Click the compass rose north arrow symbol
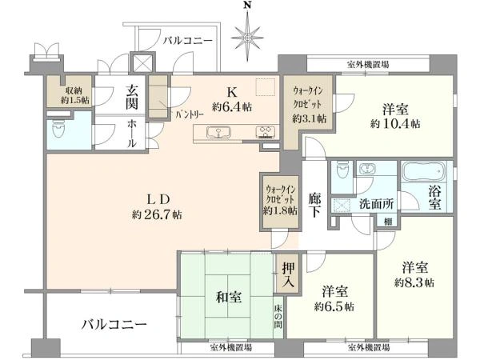coord(247,35)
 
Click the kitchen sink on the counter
coord(218,133)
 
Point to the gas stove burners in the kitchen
coord(266,132)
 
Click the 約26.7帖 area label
coord(157,214)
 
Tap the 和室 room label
coord(229,297)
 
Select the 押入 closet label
coord(288,274)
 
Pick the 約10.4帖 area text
coord(395,124)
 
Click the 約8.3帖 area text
coord(414,282)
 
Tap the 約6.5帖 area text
coord(334,306)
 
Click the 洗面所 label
coord(376,204)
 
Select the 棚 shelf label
coord(388,222)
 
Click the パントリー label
coord(190,115)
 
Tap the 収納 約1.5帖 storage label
coord(74,95)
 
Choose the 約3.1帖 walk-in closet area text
coord(309,118)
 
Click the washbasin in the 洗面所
coord(367,169)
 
